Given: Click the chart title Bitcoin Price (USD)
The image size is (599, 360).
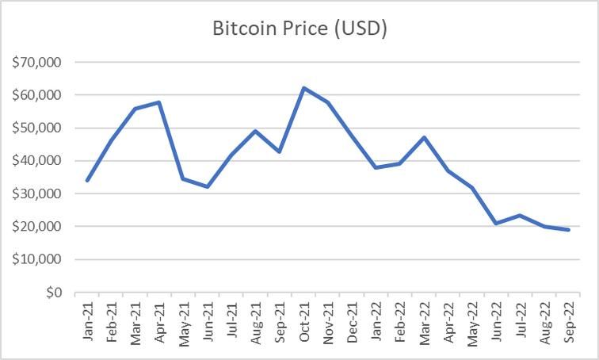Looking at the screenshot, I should (x=299, y=29).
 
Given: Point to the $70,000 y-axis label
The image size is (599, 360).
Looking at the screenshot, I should (x=39, y=62).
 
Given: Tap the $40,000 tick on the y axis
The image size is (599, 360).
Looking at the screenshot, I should (x=39, y=161).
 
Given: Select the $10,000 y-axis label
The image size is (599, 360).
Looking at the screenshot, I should (x=39, y=260).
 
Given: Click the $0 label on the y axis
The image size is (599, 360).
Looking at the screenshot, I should (x=53, y=293).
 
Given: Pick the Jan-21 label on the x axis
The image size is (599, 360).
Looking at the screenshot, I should (x=87, y=321).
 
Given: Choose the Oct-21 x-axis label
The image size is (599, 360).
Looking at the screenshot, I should (x=303, y=321).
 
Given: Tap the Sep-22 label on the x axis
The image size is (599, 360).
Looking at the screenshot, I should (x=568, y=321).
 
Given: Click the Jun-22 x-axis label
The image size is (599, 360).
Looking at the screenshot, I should (x=496, y=321).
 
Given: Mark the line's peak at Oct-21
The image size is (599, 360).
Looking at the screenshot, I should (x=303, y=88).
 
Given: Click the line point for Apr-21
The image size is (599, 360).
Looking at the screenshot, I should (x=159, y=102).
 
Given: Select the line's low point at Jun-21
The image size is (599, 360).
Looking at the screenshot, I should (x=208, y=187).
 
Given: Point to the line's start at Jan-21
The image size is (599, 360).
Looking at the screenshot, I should (x=87, y=181).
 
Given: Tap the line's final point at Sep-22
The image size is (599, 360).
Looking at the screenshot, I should (x=568, y=230).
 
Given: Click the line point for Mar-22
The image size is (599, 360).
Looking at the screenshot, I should (x=424, y=137).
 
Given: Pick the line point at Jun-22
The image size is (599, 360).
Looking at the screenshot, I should (x=496, y=224).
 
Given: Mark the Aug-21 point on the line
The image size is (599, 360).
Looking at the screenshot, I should (x=255, y=131).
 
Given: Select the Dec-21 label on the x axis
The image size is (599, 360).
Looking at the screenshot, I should (x=352, y=321).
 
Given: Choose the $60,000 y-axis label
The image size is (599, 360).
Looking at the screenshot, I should (x=39, y=95).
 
